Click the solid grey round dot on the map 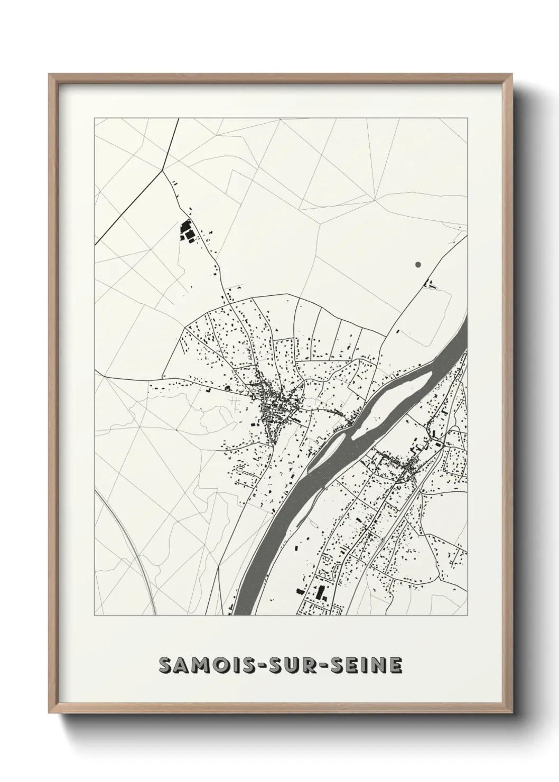418,264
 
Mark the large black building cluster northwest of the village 187,231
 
